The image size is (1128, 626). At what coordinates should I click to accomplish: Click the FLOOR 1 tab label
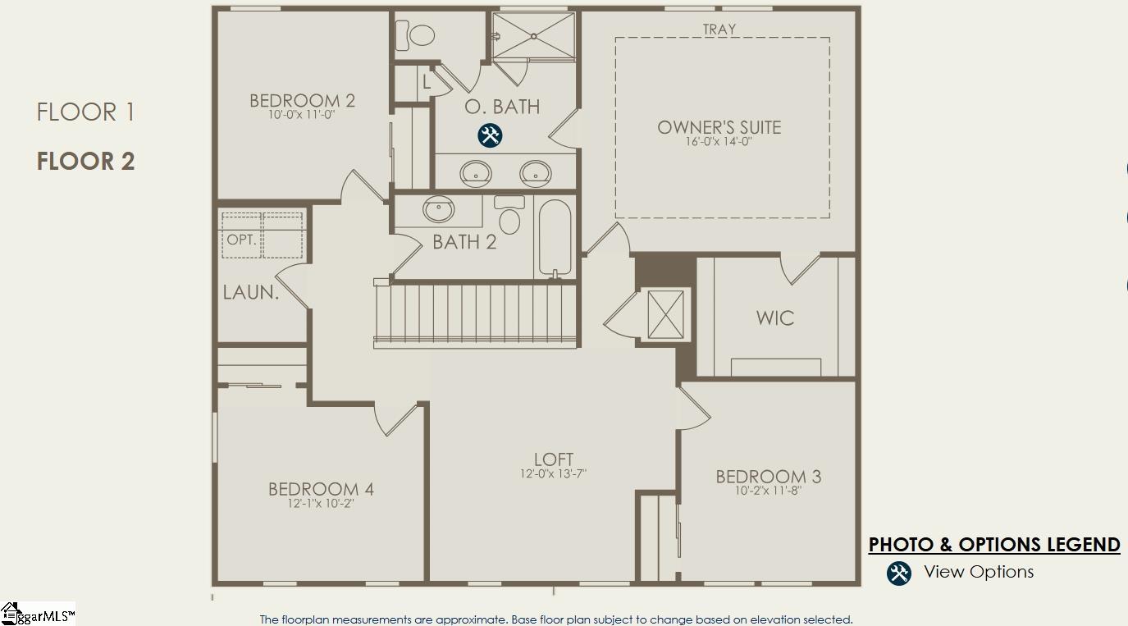point(85,112)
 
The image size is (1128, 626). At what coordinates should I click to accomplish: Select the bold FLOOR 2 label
point(85,161)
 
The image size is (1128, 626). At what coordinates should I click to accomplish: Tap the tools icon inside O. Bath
point(490,135)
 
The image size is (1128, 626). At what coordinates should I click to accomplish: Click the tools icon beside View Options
point(899,573)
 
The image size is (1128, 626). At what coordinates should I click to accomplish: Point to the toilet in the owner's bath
point(415,35)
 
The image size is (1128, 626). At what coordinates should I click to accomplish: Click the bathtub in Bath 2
point(555,238)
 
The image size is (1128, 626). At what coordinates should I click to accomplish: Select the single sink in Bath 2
point(439,209)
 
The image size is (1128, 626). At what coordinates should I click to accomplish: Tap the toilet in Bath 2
point(509,215)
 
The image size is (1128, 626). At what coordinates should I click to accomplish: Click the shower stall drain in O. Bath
point(533,36)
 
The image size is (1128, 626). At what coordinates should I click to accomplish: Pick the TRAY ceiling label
point(719,30)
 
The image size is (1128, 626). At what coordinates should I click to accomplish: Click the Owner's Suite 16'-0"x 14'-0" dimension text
point(719,141)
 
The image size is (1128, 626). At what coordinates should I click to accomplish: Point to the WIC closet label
point(775,318)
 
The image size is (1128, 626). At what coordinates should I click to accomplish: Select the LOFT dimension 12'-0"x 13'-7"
point(554,473)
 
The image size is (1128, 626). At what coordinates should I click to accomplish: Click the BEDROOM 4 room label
point(321,489)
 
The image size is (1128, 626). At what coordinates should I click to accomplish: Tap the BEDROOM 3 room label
point(769,477)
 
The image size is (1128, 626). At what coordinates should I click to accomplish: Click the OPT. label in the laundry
point(242,240)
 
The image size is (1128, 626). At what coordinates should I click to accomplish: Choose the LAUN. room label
point(251,292)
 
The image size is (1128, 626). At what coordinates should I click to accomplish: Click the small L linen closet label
point(426,81)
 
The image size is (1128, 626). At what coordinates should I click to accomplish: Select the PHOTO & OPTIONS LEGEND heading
point(994,545)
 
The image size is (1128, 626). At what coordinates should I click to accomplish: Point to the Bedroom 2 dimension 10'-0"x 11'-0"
point(301,114)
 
